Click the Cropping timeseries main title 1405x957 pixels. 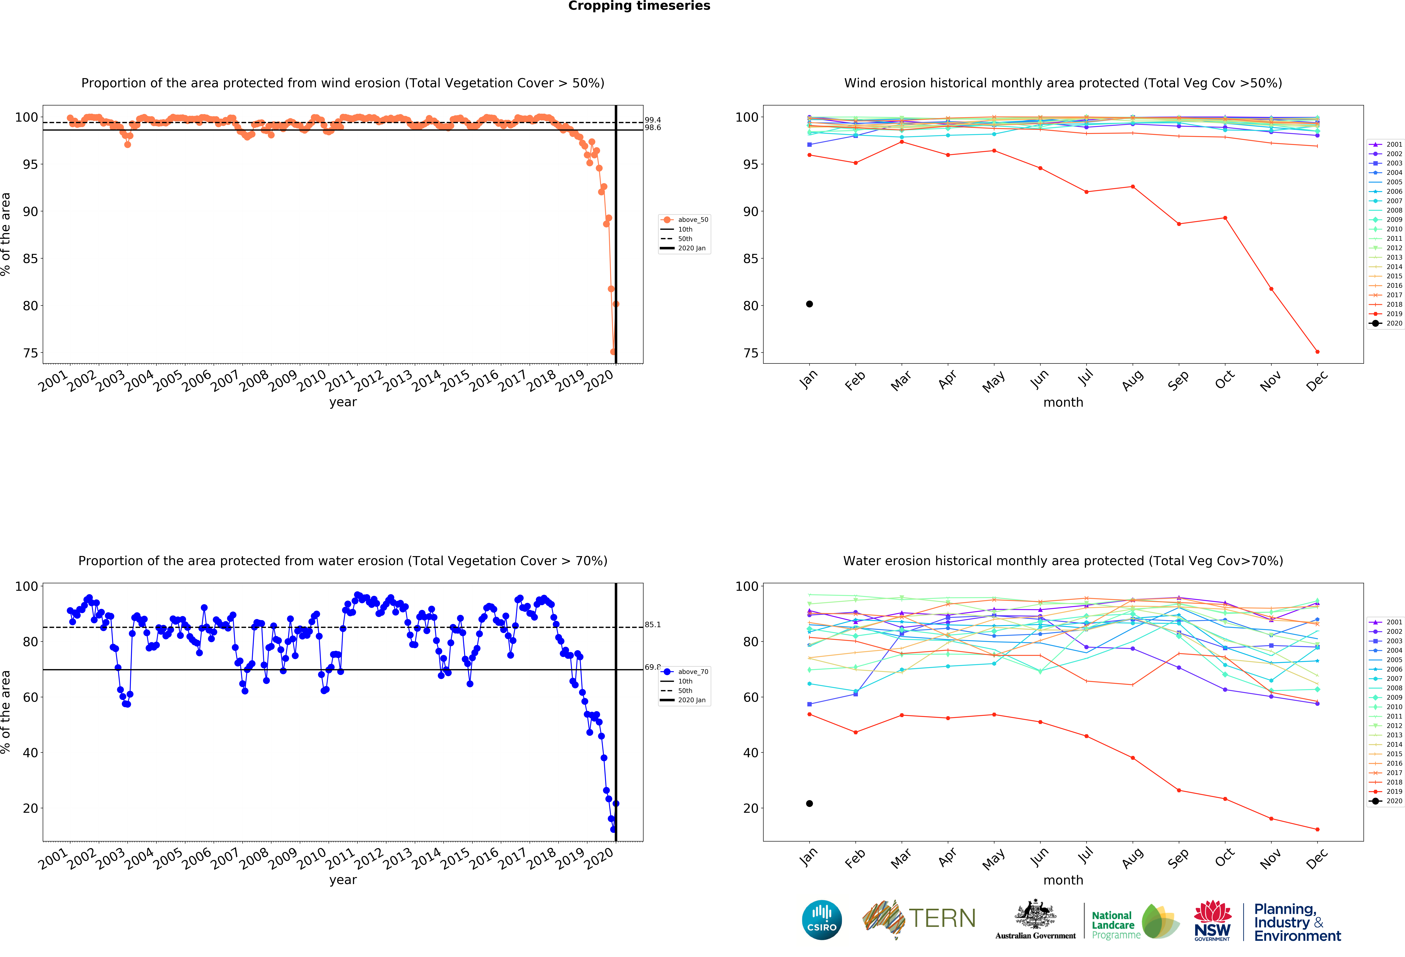(639, 6)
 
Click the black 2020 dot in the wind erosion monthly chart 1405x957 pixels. (809, 304)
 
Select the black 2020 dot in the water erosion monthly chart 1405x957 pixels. (809, 804)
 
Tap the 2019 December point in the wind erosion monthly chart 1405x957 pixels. (1317, 352)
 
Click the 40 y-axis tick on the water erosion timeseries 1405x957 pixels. (30, 753)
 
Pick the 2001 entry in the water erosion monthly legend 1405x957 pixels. (1393, 622)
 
